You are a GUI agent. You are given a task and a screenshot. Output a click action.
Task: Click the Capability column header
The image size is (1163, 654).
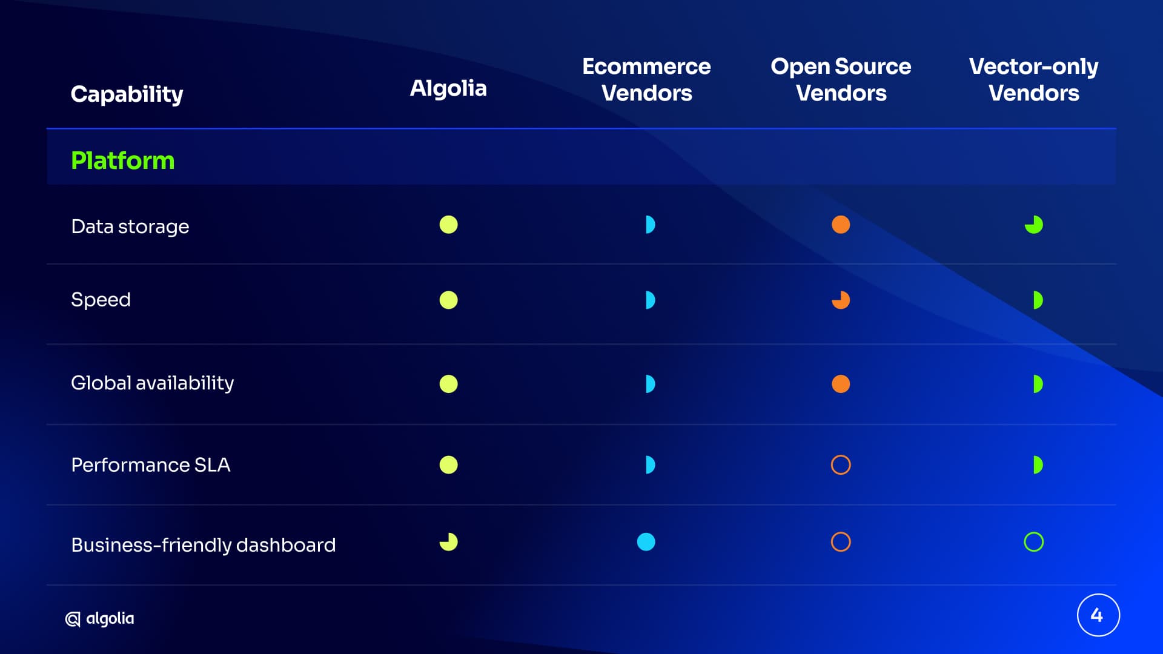[127, 94]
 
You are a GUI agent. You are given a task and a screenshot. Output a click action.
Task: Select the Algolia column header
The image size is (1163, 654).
[448, 88]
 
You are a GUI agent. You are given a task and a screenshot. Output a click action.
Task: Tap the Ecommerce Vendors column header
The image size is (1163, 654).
[646, 79]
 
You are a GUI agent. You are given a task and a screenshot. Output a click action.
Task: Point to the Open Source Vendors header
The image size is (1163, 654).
[841, 79]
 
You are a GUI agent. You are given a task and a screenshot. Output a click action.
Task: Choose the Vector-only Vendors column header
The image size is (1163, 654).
[1033, 79]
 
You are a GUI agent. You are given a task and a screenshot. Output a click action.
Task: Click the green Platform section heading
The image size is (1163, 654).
[123, 160]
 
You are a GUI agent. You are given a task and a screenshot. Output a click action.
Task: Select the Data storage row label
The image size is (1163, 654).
[130, 226]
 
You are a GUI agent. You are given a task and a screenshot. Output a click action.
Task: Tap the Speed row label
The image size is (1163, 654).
[101, 300]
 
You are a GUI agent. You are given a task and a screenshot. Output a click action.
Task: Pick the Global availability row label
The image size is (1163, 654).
[153, 383]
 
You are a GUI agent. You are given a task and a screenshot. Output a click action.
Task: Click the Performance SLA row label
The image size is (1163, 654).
[151, 464]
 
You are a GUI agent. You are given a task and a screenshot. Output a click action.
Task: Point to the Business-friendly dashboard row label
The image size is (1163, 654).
[204, 545]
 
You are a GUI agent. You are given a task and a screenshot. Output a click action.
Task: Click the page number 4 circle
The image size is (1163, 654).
[1098, 615]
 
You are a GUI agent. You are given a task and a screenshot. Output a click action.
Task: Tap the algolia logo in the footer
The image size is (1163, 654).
[100, 618]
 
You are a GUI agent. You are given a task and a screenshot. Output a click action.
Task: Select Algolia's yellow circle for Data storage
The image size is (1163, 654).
[448, 225]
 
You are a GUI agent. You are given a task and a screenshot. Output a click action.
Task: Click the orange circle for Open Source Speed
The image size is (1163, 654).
[841, 300]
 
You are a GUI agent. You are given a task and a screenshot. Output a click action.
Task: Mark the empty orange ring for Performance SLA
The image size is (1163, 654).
[841, 456]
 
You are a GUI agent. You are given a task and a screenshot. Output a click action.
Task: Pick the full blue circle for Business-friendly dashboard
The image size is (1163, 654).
[646, 542]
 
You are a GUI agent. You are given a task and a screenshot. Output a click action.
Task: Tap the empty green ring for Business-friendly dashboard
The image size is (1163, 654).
[1033, 533]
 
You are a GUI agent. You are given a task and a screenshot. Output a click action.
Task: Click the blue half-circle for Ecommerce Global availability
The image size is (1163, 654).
[651, 384]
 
